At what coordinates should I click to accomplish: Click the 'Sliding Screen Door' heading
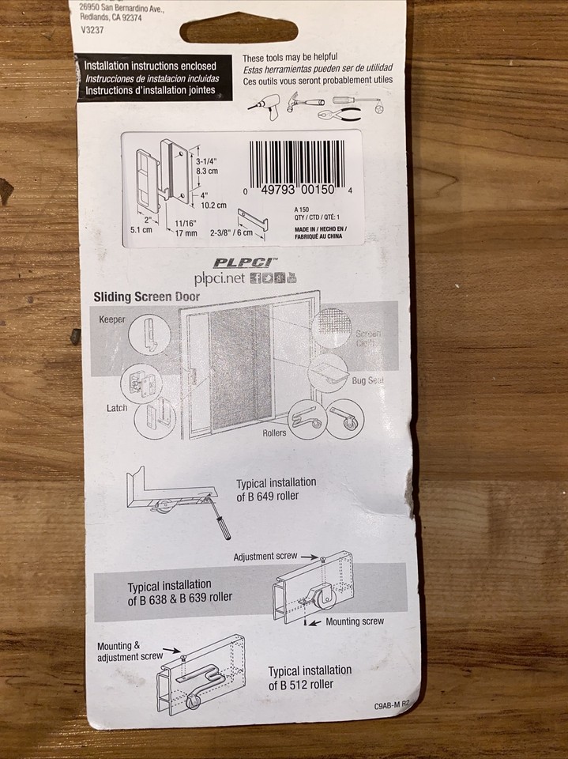coord(147,297)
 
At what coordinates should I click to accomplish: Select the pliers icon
coord(345,113)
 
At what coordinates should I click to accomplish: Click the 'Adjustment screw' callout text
coord(265,557)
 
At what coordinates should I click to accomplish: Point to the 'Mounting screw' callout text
coord(355,621)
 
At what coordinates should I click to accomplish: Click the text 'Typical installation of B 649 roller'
coord(276,489)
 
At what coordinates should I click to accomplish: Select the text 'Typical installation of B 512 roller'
coord(310,678)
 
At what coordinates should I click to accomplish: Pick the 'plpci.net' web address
coord(222,278)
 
